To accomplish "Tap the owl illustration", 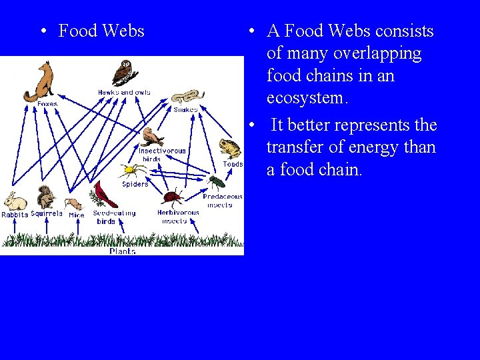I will pos(125,73).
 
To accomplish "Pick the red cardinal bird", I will pos(105,194).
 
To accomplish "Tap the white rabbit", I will pos(14,201).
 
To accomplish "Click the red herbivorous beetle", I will pos(173,197).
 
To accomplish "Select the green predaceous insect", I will pos(216,181).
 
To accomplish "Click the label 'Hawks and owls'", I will pos(124,92).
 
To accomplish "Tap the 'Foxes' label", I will pos(47,104).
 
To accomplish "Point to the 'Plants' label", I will pos(123,251).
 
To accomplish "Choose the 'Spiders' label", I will pos(135,184).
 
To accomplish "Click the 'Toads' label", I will pos(233,164).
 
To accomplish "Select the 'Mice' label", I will pos(77,215).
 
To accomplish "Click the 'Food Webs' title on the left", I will pos(101,31).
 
